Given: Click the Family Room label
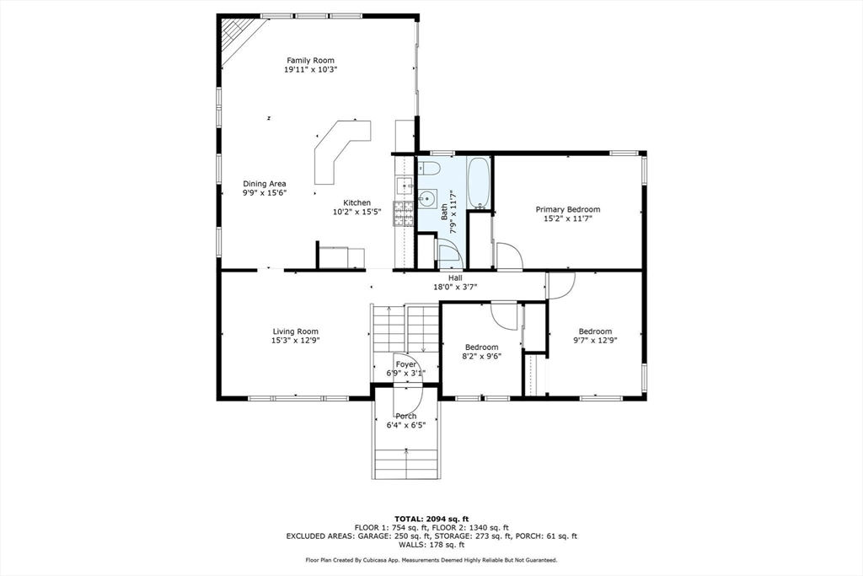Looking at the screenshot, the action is coord(310,61).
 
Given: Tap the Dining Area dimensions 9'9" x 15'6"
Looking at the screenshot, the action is coord(265,193).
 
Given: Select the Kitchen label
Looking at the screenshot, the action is coord(357,202).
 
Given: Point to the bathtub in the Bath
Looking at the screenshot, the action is coord(479,182).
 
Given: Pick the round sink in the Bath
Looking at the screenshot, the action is coord(426,199).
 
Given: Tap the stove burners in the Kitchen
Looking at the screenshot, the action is coord(404,214).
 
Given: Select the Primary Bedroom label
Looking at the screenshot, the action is coord(568,209).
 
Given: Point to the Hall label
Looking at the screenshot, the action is coord(455,277).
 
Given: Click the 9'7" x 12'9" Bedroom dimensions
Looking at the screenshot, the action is coord(595,341).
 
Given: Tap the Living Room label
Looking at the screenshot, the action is coord(296,331).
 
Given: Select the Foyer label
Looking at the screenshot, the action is coord(406,364).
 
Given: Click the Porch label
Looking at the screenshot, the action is coord(406,417).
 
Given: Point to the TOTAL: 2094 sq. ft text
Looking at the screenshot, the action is coord(431,519).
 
